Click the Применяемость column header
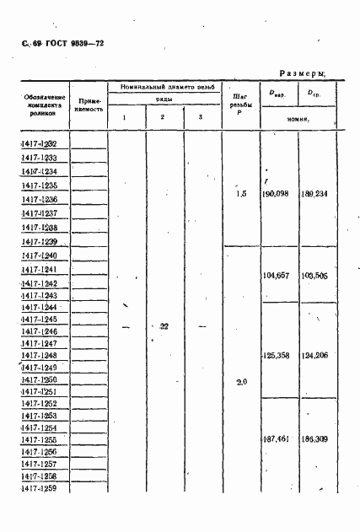(89, 105)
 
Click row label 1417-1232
(40, 144)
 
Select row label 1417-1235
(40, 185)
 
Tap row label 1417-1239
(40, 241)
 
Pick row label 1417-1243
(40, 296)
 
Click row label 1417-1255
(40, 439)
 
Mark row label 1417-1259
(40, 488)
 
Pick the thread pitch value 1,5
(240, 194)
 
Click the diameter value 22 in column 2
(164, 326)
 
